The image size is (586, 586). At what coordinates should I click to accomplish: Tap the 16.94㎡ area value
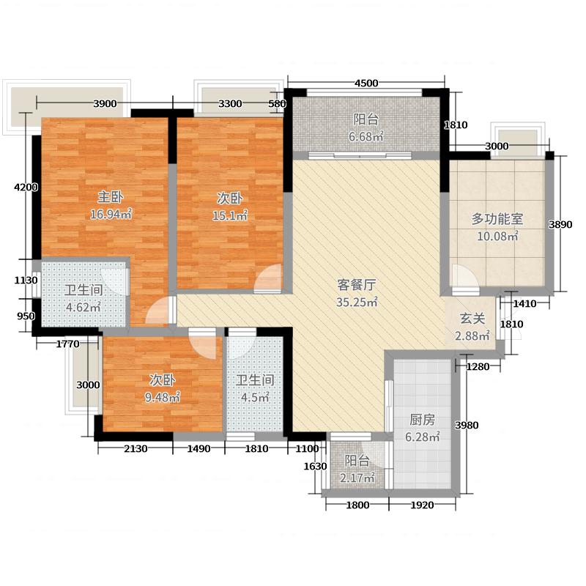[x=111, y=214]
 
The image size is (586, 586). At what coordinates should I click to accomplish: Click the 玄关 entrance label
[x=472, y=319]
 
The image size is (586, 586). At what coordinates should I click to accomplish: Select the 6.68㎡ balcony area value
[x=366, y=136]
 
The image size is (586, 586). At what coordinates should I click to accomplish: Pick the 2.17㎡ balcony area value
[x=359, y=478]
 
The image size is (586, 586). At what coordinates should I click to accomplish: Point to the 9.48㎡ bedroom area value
[x=164, y=398]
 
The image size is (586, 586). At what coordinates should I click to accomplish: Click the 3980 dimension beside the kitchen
[x=466, y=426]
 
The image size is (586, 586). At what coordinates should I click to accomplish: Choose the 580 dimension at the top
[x=277, y=104]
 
